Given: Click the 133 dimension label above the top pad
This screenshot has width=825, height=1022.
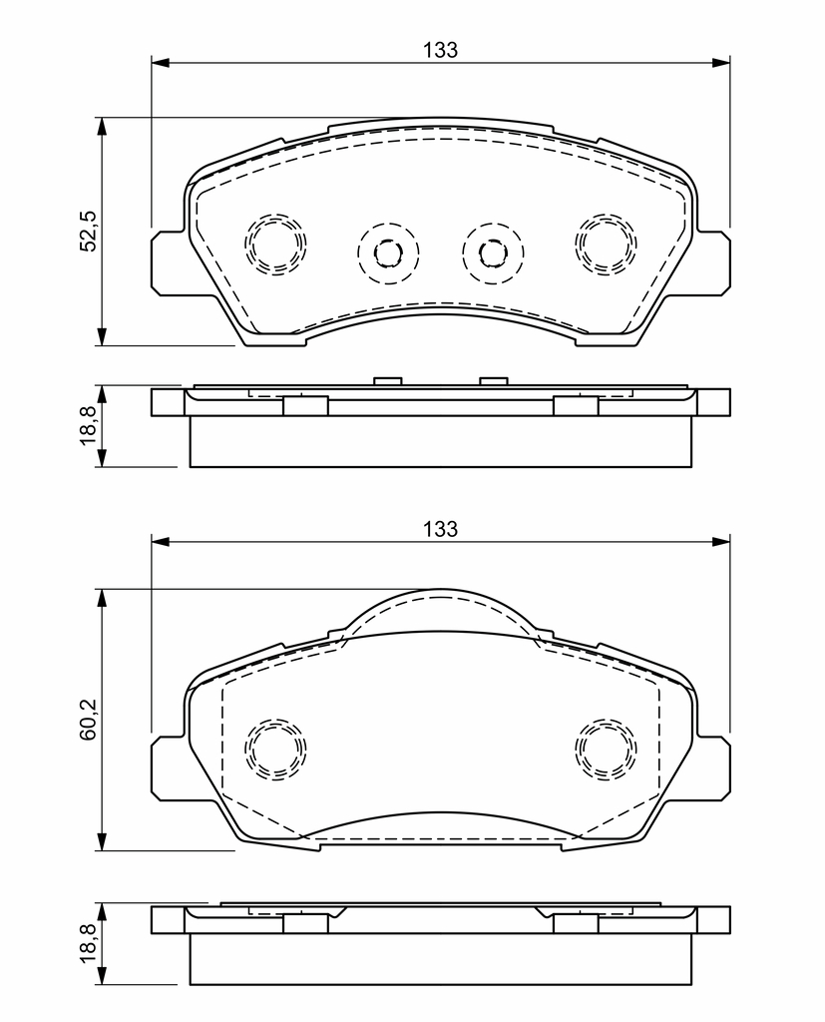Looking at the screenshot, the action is coord(441,50).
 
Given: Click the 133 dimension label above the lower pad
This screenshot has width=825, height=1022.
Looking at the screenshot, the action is coord(441,529).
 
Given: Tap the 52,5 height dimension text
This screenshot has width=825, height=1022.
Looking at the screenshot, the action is coord(88,231).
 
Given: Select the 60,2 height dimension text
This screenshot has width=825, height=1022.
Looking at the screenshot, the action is coord(88,719).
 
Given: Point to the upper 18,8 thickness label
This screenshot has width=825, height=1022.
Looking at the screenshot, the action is coord(88,425).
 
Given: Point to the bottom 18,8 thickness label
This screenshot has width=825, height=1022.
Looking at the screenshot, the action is coord(88,944).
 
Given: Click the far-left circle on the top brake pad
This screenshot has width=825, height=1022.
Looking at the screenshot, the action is coord(275,244).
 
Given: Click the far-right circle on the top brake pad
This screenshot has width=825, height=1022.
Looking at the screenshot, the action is coord(606,244).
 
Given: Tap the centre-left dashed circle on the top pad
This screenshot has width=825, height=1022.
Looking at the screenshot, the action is coord(388,253).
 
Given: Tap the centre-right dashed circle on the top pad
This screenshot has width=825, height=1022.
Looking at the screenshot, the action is coord(493,253).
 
